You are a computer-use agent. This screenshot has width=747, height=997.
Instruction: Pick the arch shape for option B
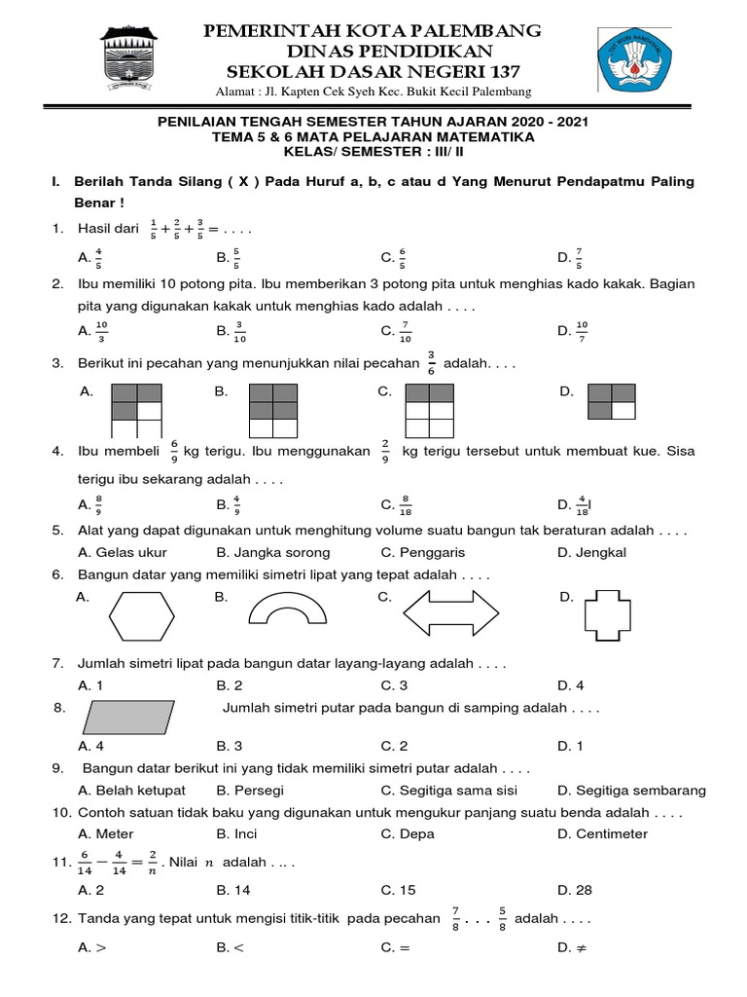click(293, 610)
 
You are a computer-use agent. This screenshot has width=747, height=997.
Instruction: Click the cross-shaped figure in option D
click(613, 616)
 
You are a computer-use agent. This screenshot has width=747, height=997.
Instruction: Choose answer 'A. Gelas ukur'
click(123, 552)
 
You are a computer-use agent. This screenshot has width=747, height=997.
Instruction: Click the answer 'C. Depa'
click(408, 833)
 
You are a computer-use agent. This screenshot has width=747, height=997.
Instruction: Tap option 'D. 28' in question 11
click(574, 889)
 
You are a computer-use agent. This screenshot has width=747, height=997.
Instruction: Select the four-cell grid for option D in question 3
click(612, 400)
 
